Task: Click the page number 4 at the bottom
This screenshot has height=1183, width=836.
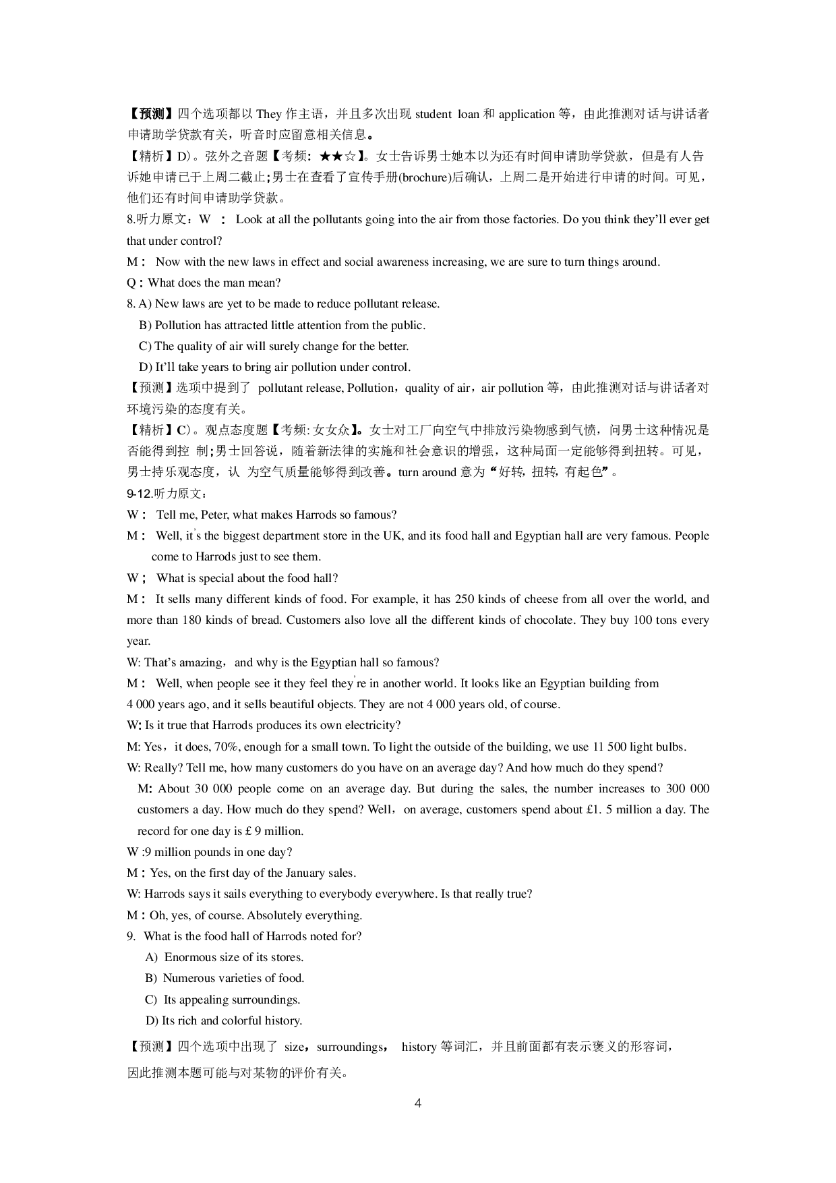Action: tap(418, 1103)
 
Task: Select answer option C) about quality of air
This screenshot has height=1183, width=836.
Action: tap(274, 346)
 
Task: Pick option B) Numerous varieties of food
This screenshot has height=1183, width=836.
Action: tap(225, 978)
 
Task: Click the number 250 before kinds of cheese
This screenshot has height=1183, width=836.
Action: tap(465, 599)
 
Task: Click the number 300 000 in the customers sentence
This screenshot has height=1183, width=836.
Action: tap(687, 788)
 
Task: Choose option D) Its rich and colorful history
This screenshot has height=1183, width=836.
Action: tap(224, 1020)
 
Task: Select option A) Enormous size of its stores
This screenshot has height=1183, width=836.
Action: tap(225, 957)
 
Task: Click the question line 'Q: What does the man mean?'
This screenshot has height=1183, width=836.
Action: tap(204, 283)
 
